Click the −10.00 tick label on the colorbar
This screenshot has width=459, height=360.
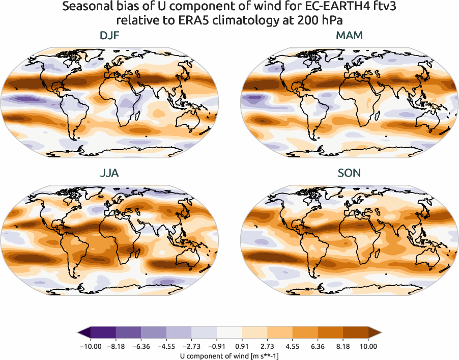91,346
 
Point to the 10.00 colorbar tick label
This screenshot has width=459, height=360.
368,346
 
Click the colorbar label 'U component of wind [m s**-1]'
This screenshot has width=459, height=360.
230,356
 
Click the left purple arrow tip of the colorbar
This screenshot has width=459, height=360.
81,333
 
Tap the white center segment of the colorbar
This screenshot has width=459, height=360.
230,333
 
